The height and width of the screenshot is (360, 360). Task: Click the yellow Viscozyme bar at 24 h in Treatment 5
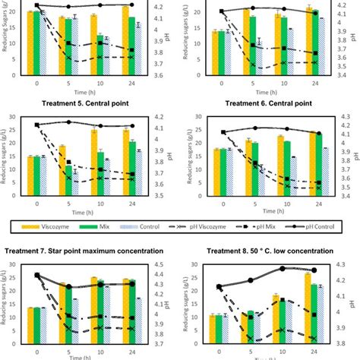(126, 155)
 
